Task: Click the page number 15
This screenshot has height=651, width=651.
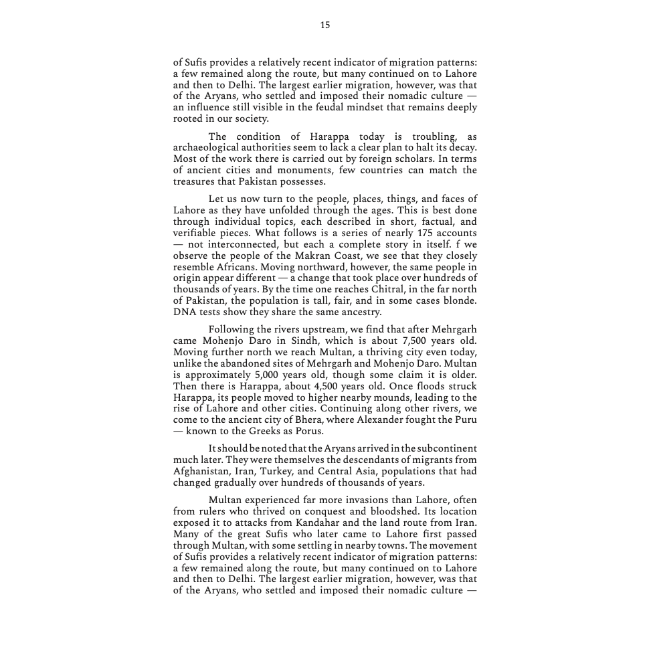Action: coord(325,25)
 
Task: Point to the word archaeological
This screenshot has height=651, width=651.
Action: coord(207,147)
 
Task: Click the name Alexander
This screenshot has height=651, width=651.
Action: coord(378,420)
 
